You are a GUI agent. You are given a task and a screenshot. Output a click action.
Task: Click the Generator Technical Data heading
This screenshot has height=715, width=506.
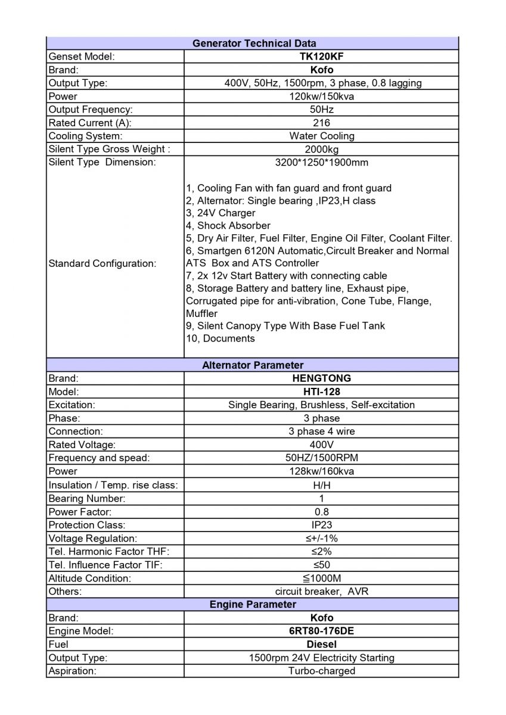pyautogui.click(x=254, y=43)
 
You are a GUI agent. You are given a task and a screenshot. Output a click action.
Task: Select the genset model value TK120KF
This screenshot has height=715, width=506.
pyautogui.click(x=321, y=57)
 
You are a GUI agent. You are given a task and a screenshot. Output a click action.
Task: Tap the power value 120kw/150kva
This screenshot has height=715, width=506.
pyautogui.click(x=321, y=97)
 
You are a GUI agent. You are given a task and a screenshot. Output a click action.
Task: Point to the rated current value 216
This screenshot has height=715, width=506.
pyautogui.click(x=321, y=123)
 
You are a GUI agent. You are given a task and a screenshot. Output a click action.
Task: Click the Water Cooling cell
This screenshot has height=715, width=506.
pyautogui.click(x=321, y=136)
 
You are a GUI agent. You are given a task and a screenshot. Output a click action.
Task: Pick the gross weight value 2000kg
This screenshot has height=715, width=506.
pyautogui.click(x=321, y=149)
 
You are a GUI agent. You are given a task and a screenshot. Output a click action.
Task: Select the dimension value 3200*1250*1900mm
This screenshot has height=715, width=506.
pyautogui.click(x=321, y=162)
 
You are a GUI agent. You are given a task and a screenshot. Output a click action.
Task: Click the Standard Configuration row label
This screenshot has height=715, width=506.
pyautogui.click(x=102, y=263)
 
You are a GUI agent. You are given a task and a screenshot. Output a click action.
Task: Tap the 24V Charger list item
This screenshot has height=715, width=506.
pyautogui.click(x=221, y=213)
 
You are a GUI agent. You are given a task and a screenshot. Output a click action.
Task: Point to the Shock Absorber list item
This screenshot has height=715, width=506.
pyautogui.click(x=228, y=225)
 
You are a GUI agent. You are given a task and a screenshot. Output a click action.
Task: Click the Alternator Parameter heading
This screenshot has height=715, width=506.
pyautogui.click(x=253, y=365)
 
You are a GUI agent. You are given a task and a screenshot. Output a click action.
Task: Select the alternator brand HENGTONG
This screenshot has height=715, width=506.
pyautogui.click(x=321, y=378)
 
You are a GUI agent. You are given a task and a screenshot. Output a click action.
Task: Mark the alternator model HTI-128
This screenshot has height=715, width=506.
pyautogui.click(x=321, y=391)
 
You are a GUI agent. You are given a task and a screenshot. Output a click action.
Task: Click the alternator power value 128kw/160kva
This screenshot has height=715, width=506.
pyautogui.click(x=321, y=471)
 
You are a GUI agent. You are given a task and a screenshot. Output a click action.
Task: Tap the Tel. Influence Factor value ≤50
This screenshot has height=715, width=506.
pyautogui.click(x=321, y=565)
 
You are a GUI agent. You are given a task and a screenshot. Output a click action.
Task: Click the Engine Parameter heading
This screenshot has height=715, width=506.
pyautogui.click(x=253, y=604)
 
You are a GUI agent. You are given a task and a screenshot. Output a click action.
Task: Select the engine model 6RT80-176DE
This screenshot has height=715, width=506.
pyautogui.click(x=321, y=631)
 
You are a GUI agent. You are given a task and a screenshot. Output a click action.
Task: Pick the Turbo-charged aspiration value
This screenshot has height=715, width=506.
pyautogui.click(x=321, y=671)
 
